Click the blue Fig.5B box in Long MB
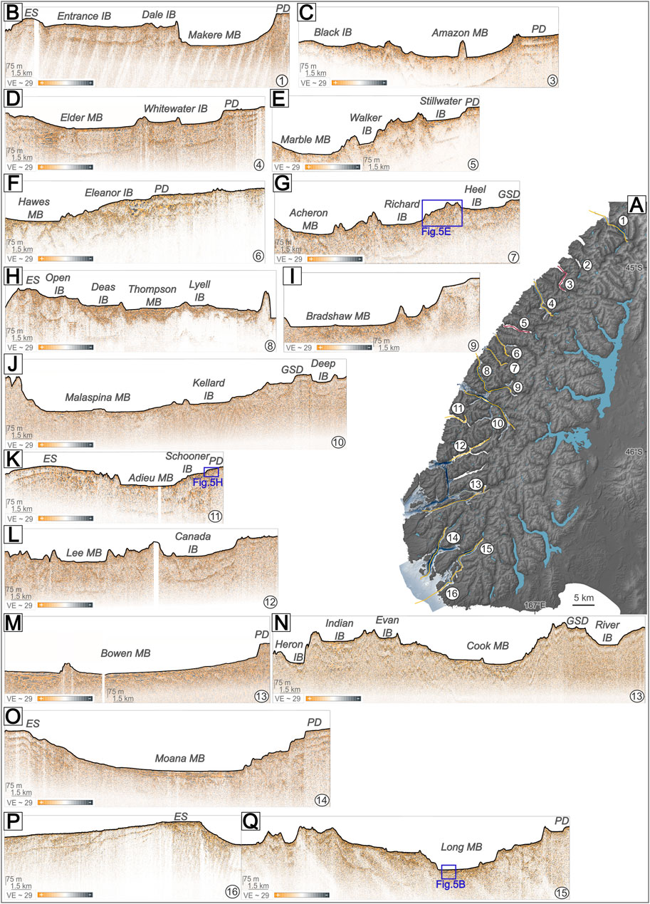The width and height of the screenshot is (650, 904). pos(449,871)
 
